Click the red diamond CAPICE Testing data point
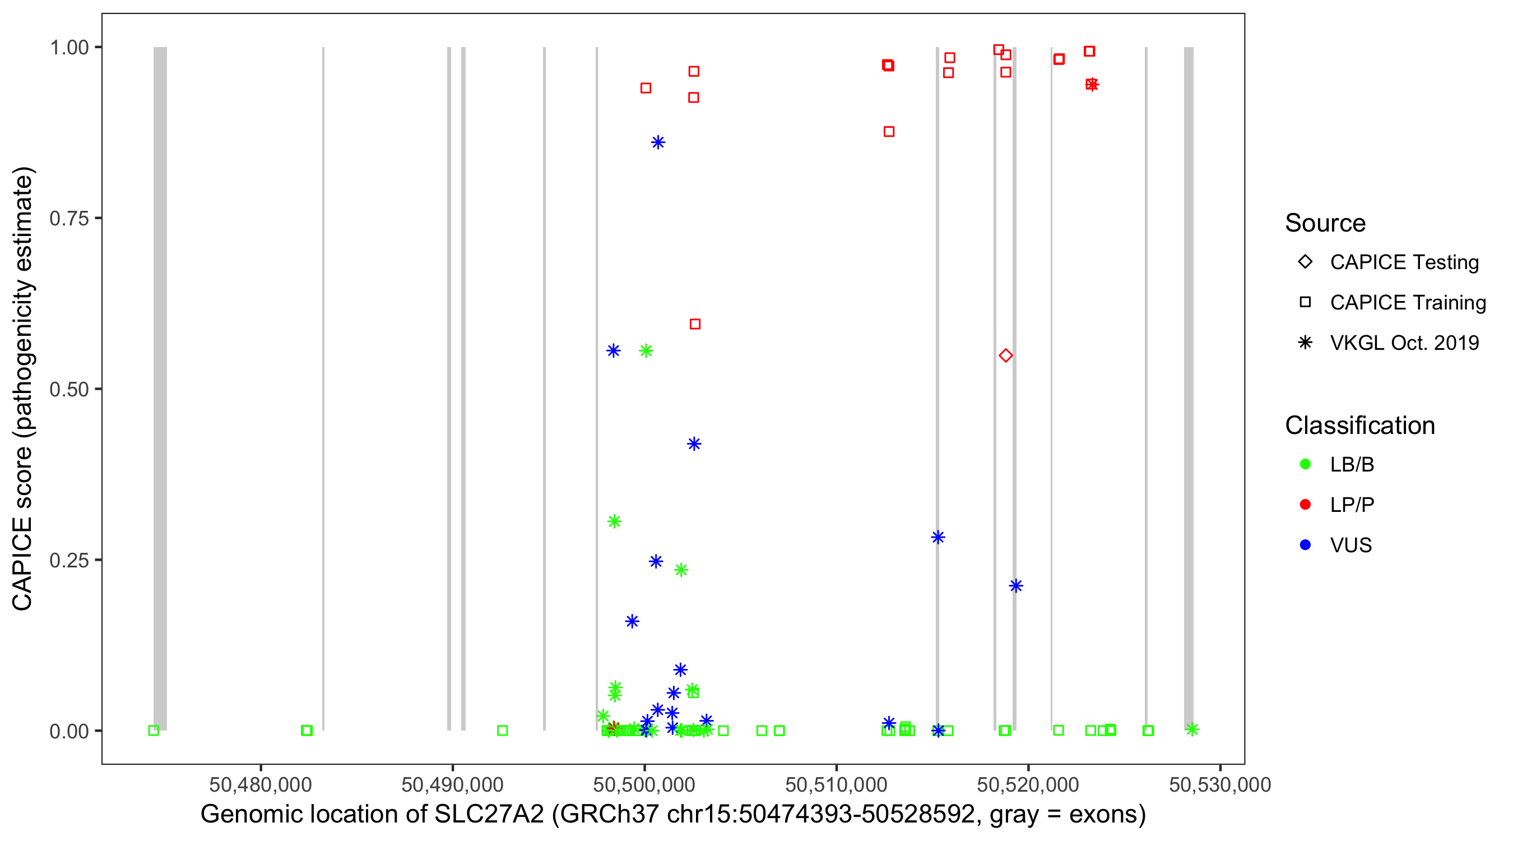pos(1005,355)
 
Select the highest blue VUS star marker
pos(658,142)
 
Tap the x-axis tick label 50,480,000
pos(260,784)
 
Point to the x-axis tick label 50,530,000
pos(1220,784)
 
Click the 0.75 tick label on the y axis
pos(69,218)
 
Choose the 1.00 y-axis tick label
pos(69,47)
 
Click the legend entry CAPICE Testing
pos(1404,262)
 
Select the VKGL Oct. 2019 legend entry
pos(1404,343)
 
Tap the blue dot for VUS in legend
pos(1305,545)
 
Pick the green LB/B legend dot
pos(1305,464)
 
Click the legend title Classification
pos(1359,425)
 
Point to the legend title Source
pos(1325,223)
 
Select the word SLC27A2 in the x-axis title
pos(489,814)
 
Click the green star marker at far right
pos(1192,729)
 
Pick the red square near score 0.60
pos(695,324)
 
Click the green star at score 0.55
pos(646,351)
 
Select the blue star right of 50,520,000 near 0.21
pos(1015,585)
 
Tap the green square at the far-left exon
pos(154,731)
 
